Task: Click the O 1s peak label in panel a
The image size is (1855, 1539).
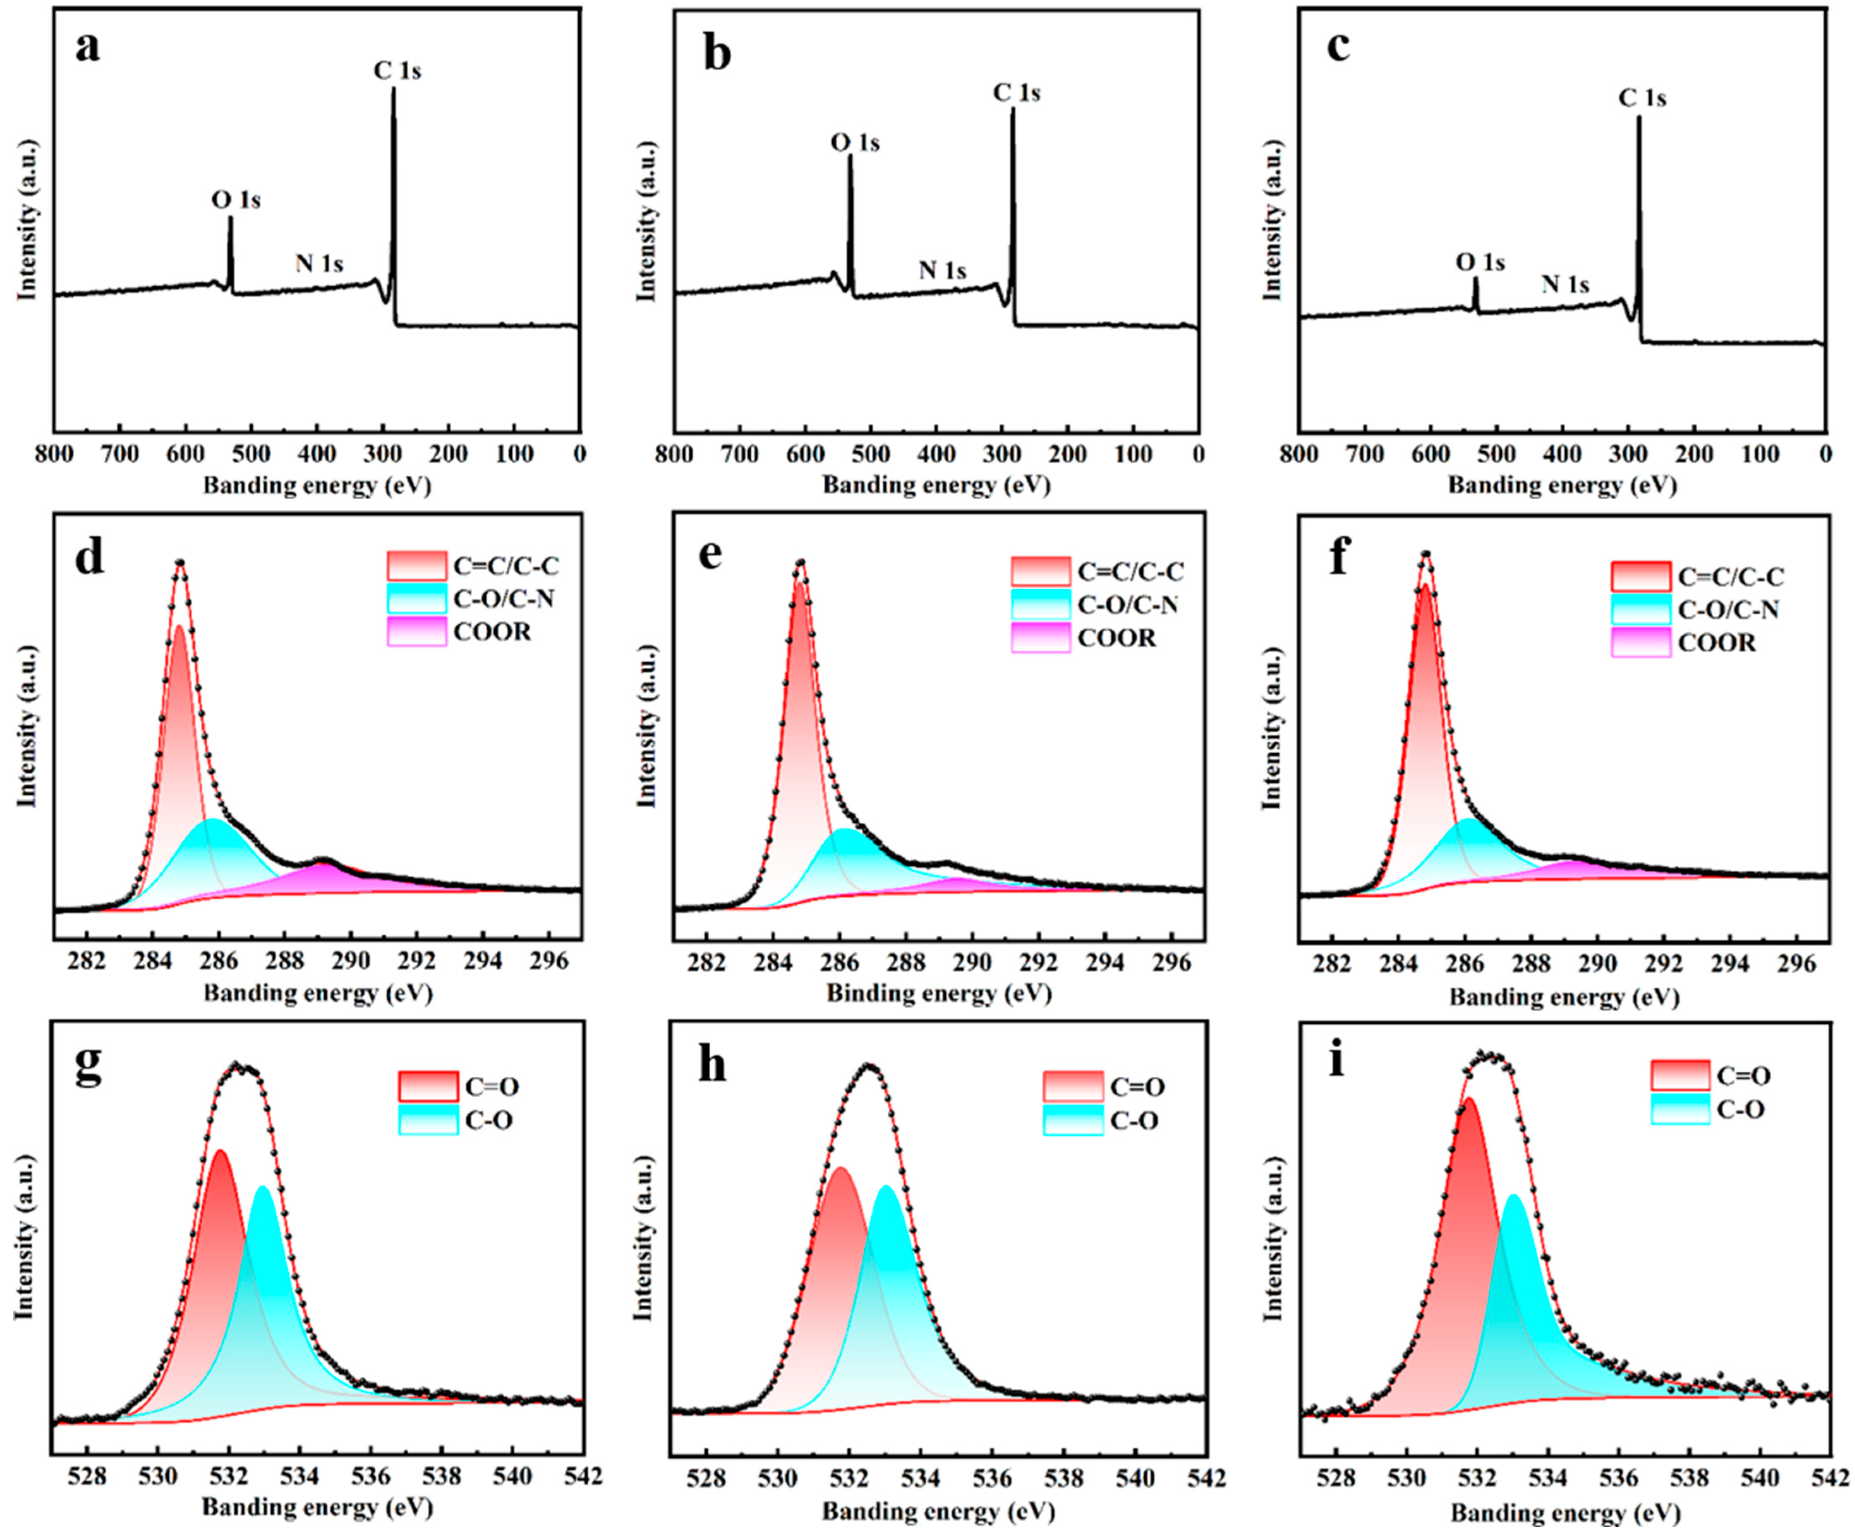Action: tap(236, 201)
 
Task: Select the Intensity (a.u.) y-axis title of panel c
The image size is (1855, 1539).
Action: tap(1272, 220)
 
